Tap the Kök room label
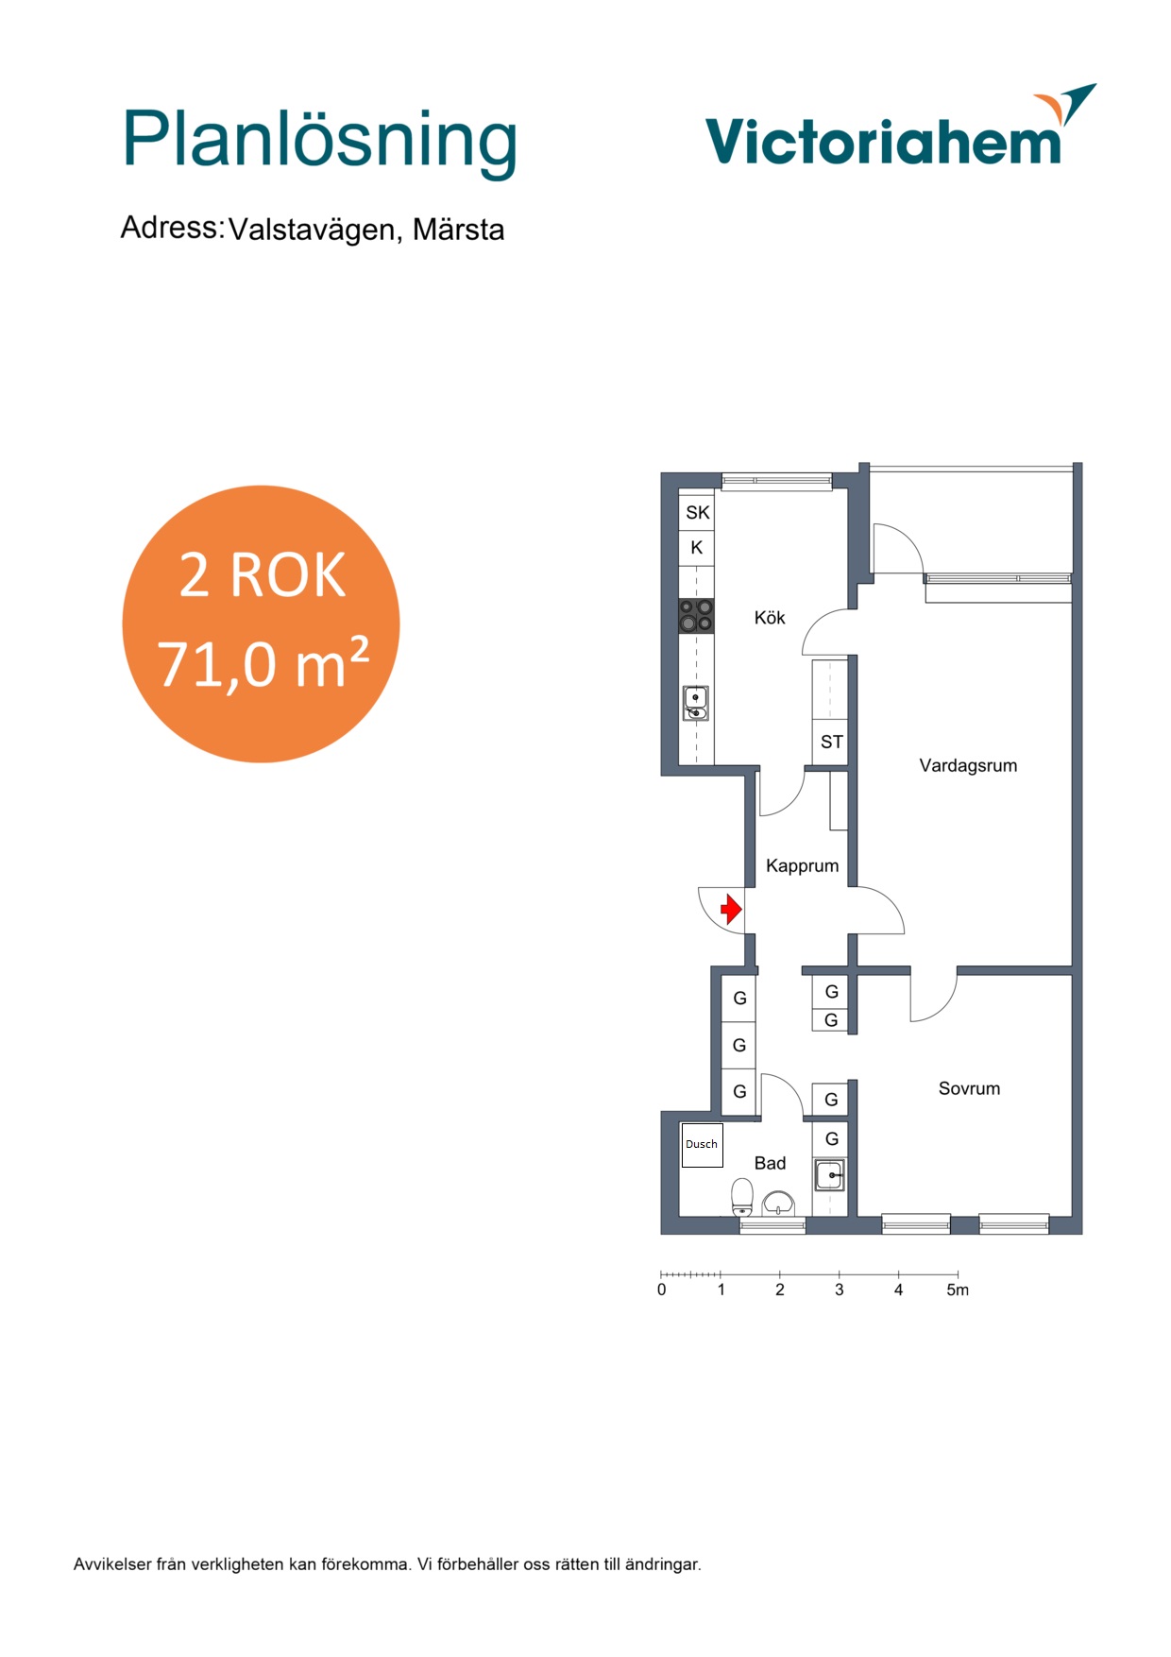tap(770, 618)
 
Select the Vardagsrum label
tap(968, 766)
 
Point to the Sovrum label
tap(969, 1088)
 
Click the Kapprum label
tap(802, 866)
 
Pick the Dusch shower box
tap(702, 1145)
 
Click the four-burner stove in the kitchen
tap(696, 616)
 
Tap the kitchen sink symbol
tap(696, 703)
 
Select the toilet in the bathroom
tap(742, 1197)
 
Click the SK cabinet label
tap(698, 513)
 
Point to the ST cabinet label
tap(832, 743)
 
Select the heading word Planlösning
tap(320, 143)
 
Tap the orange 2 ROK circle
tap(262, 624)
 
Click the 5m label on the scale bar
tap(958, 1290)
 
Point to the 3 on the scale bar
tap(839, 1290)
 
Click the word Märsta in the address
tap(458, 230)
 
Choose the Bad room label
tap(770, 1164)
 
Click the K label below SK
tap(697, 548)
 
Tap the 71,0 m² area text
tap(263, 663)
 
